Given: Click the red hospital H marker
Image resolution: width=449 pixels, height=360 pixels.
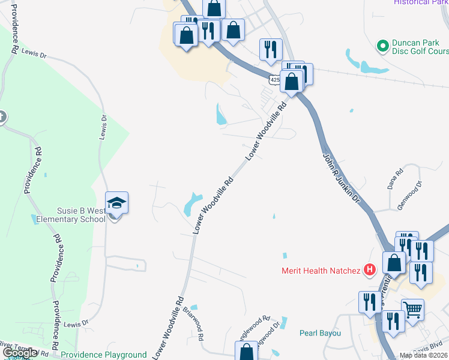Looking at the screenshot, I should pos(370,271).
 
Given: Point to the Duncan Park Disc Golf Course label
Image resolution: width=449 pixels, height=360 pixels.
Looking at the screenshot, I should pos(420,47).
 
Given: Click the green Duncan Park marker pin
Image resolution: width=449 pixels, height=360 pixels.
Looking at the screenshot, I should pos(382,46).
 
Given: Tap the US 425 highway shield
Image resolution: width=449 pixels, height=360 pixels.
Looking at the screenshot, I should pos(274,79).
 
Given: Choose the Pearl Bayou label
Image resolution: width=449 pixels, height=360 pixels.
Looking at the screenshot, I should pos(321,333).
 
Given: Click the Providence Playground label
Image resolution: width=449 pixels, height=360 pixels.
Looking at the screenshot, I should pos(104,355).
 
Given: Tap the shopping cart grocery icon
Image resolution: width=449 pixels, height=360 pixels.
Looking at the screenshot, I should pos(412,310).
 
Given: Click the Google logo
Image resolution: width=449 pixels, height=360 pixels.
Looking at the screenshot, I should pos(19,353).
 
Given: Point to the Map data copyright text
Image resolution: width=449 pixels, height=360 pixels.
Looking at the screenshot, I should pos(424,356).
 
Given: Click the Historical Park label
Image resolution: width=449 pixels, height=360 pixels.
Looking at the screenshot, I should pos(420,2).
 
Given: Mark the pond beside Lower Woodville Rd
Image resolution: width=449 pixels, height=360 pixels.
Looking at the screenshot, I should pos(191,203).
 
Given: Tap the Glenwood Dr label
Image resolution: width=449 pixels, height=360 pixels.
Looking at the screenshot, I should pos(410,195).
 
